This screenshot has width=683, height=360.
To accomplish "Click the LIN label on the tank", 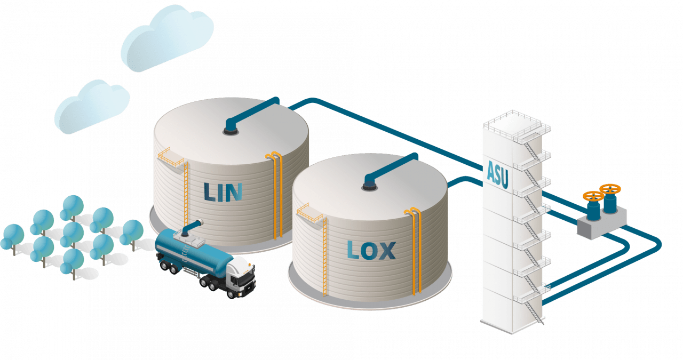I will (x=223, y=191).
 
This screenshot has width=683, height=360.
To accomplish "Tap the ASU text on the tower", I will (x=497, y=174).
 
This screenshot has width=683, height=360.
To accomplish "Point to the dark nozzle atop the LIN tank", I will (x=231, y=128).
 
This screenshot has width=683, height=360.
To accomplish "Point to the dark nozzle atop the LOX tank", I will (x=369, y=184).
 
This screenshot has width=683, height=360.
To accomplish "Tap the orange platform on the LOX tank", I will (x=309, y=213).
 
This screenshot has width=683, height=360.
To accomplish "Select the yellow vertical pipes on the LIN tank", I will (x=276, y=192).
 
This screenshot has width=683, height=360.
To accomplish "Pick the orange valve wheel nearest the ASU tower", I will (x=592, y=196).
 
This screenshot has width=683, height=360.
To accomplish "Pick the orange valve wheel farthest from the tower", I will (x=610, y=189).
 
